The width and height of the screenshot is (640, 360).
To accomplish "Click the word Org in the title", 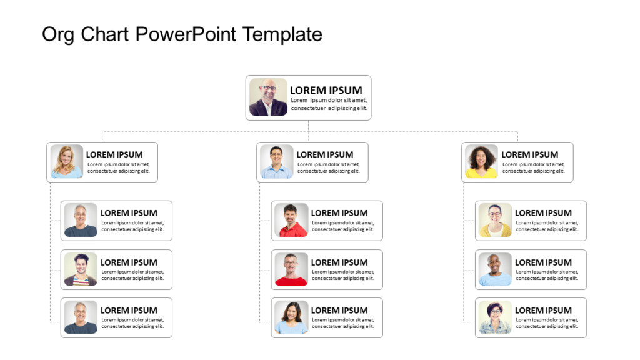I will tap(58, 34).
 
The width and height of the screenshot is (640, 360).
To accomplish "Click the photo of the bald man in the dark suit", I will tap(268, 97).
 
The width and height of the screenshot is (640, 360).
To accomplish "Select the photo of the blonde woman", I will tap(67, 162).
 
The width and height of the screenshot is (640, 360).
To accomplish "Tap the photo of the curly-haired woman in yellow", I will tap(481, 162).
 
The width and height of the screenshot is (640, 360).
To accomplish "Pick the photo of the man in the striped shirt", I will tap(81, 269).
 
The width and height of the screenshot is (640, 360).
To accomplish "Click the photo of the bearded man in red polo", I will tap(291, 220).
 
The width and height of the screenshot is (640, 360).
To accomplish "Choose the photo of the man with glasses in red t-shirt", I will tap(291, 269).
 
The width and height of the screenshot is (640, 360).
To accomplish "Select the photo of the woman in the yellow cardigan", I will tap(495, 220).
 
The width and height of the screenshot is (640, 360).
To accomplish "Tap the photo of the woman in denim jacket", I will tap(495, 317).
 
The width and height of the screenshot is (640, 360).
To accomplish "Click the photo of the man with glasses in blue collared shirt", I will tap(277, 162).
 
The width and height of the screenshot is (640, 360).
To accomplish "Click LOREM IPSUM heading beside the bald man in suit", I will tap(326, 90).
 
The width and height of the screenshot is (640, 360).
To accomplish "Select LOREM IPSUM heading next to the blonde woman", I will tap(114, 154).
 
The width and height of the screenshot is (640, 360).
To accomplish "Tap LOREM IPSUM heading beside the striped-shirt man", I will tap(129, 262).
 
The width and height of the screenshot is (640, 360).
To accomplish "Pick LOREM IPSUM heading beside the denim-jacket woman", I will tap(543, 311).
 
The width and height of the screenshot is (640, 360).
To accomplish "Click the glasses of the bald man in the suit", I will tap(269, 89).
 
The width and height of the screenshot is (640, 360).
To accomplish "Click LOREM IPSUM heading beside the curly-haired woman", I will tap(529, 154).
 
